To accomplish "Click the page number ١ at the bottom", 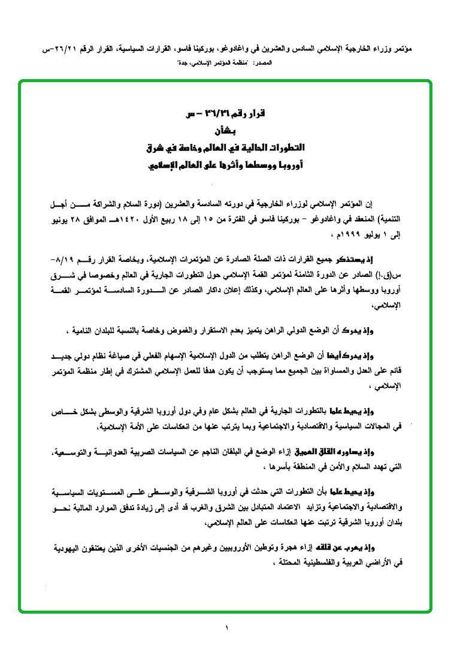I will coord(227,628).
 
